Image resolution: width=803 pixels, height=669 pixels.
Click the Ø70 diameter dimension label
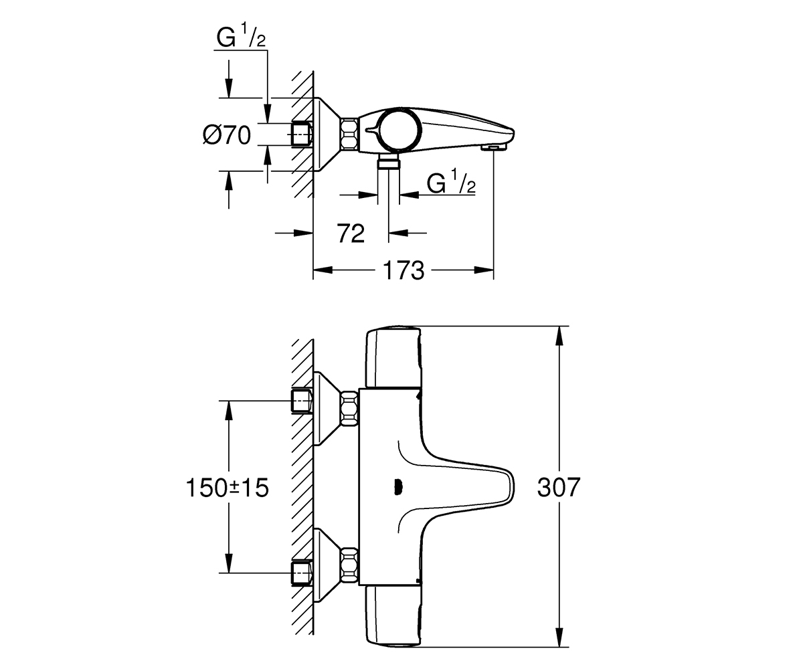[227, 135]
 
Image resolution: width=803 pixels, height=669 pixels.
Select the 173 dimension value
[404, 270]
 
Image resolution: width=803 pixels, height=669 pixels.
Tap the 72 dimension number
[351, 233]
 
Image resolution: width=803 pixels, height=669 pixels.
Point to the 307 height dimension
[558, 487]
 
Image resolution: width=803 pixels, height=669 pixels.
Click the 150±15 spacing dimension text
[227, 488]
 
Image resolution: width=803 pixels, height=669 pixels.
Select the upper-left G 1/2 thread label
[241, 35]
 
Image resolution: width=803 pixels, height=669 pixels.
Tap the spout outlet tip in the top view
[493, 148]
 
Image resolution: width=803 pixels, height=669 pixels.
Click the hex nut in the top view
[349, 134]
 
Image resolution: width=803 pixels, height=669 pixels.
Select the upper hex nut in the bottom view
[349, 408]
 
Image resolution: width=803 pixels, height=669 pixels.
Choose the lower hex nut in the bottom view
[349, 565]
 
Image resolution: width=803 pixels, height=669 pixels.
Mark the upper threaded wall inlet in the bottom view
[301, 401]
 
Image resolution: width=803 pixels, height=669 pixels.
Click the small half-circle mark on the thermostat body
[397, 488]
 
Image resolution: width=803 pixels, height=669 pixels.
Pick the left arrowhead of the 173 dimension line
[323, 270]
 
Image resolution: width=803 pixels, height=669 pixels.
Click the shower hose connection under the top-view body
[388, 163]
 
